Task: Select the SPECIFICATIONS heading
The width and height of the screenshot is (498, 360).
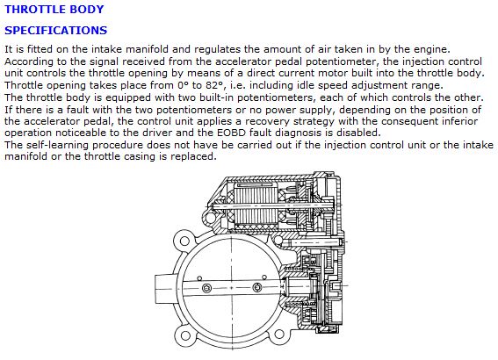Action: pyautogui.click(x=56, y=31)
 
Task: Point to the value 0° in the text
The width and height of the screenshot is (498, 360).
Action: pyautogui.click(x=182, y=85)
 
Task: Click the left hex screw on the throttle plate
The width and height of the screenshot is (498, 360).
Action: pyautogui.click(x=206, y=288)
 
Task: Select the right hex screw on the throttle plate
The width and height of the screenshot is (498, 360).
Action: pyautogui.click(x=257, y=288)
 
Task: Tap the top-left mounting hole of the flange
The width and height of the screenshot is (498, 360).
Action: pyautogui.click(x=184, y=241)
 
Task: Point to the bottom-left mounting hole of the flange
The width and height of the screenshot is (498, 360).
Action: pyautogui.click(x=184, y=335)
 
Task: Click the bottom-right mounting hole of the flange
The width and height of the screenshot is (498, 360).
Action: pyautogui.click(x=278, y=334)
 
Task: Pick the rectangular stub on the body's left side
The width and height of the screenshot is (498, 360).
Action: pyautogui.click(x=164, y=289)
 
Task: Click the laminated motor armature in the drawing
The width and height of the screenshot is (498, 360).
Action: pyautogui.click(x=256, y=206)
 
